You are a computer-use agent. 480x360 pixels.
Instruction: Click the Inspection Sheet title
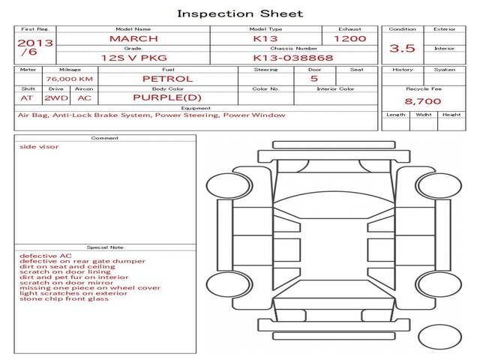[x=240, y=13]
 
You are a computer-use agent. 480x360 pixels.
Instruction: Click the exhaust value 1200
[x=349, y=38]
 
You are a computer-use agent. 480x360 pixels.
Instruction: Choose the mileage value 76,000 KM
[x=69, y=79]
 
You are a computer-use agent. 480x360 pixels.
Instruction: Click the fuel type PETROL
[x=167, y=79]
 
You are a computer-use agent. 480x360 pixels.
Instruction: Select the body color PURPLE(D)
[x=167, y=97]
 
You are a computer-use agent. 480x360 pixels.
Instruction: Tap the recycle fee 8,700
[x=423, y=100]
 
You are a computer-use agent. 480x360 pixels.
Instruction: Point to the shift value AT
[x=27, y=97]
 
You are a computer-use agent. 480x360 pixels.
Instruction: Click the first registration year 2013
[x=35, y=43]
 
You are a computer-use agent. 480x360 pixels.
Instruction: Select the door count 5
[x=313, y=79]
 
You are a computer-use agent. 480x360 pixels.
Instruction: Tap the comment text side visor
[x=39, y=147]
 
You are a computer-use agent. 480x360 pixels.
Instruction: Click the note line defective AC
[x=46, y=256]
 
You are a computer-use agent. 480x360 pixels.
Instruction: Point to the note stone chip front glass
[x=64, y=298]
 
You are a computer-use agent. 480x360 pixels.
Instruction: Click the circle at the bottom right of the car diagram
[x=439, y=335]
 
